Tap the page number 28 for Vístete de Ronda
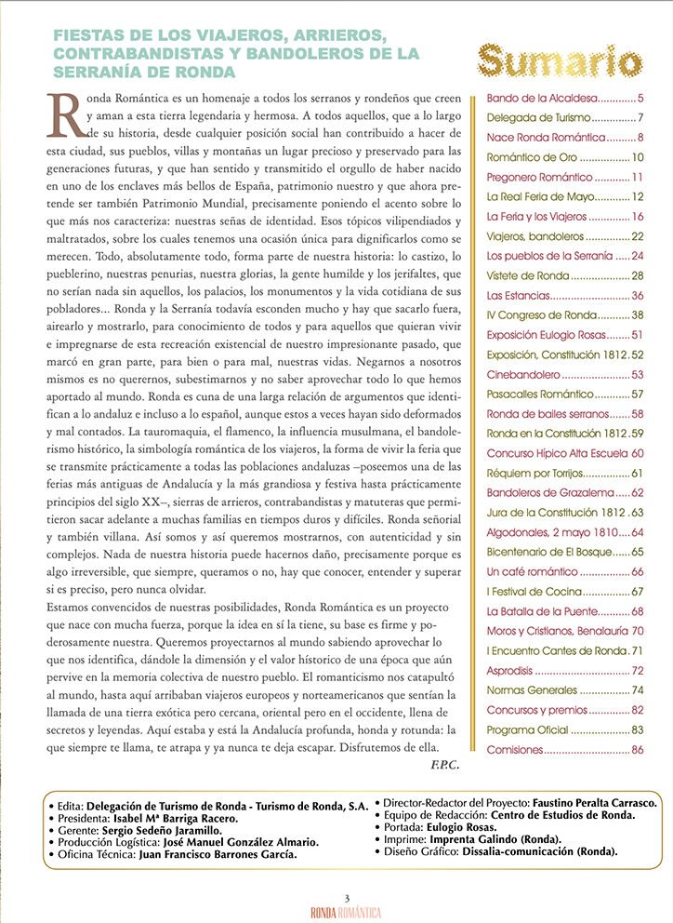(638, 276)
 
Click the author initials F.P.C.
(445, 765)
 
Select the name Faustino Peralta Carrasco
(596, 802)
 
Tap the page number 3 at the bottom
(346, 897)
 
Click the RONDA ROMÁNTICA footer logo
(346, 912)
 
